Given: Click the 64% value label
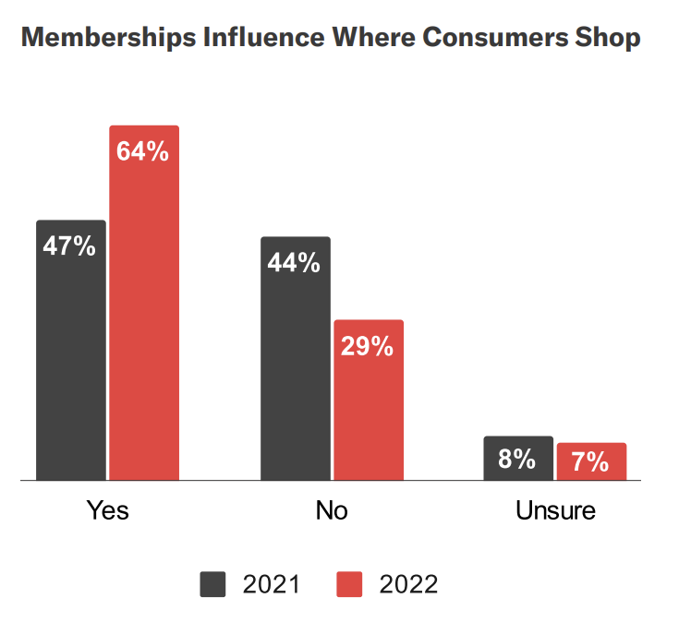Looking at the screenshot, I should pyautogui.click(x=143, y=151).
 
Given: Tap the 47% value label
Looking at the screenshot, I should pyautogui.click(x=70, y=246).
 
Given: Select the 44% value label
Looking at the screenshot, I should pyautogui.click(x=294, y=263).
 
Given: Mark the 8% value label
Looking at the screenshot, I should pyautogui.click(x=517, y=459).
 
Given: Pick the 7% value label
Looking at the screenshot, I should pyautogui.click(x=591, y=462).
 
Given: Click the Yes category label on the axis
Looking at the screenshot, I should pyautogui.click(x=107, y=510).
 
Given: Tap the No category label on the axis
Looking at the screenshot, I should pyautogui.click(x=332, y=510).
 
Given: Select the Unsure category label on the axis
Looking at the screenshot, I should pyautogui.click(x=555, y=510).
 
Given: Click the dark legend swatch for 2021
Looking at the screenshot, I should pyautogui.click(x=213, y=584).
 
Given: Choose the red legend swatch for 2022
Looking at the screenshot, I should pyautogui.click(x=348, y=584).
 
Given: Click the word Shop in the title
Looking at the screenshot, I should pyautogui.click(x=607, y=39).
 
